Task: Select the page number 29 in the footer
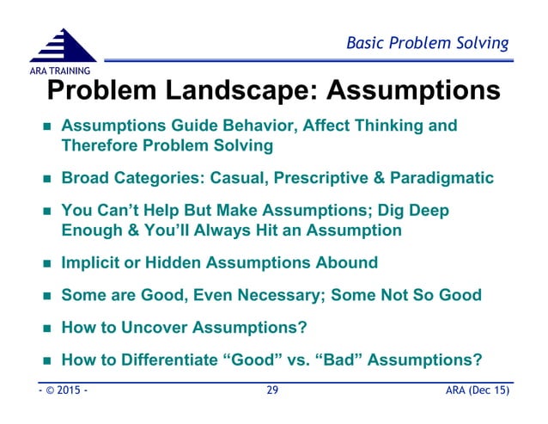click(x=273, y=391)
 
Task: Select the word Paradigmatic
click(x=441, y=178)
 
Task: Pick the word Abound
click(x=347, y=262)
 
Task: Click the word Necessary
click(x=265, y=294)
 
